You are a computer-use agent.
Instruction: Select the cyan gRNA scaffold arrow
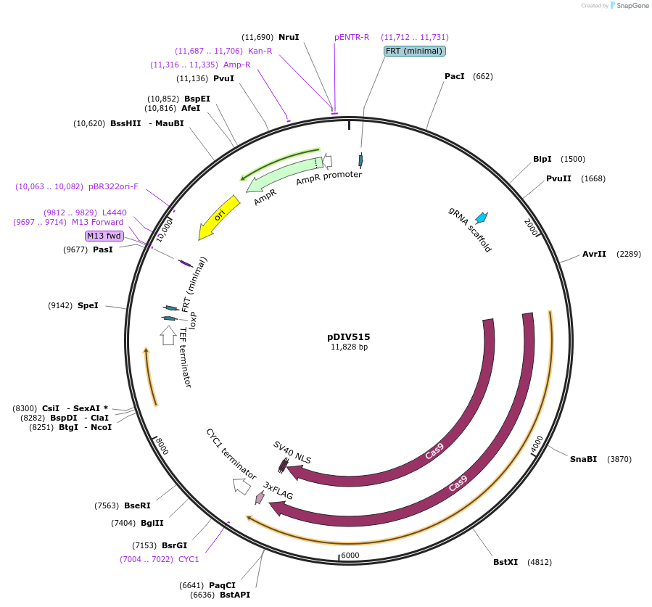tap(481, 217)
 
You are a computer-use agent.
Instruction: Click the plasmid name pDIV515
tap(349, 336)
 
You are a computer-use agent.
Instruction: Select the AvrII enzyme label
tap(594, 254)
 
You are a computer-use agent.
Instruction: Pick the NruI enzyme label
tap(289, 37)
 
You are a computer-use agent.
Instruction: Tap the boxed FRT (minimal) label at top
tap(414, 51)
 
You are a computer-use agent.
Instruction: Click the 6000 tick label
tap(350, 556)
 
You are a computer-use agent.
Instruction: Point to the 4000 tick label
tap(537, 443)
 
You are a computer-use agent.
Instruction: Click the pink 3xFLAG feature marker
tap(260, 497)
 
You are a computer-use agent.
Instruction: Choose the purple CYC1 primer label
tap(189, 559)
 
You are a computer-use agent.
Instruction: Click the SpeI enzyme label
tap(88, 305)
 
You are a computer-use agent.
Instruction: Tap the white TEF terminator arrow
tap(168, 334)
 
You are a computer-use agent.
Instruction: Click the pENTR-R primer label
tap(352, 37)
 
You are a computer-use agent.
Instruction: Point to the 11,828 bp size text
tap(349, 347)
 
